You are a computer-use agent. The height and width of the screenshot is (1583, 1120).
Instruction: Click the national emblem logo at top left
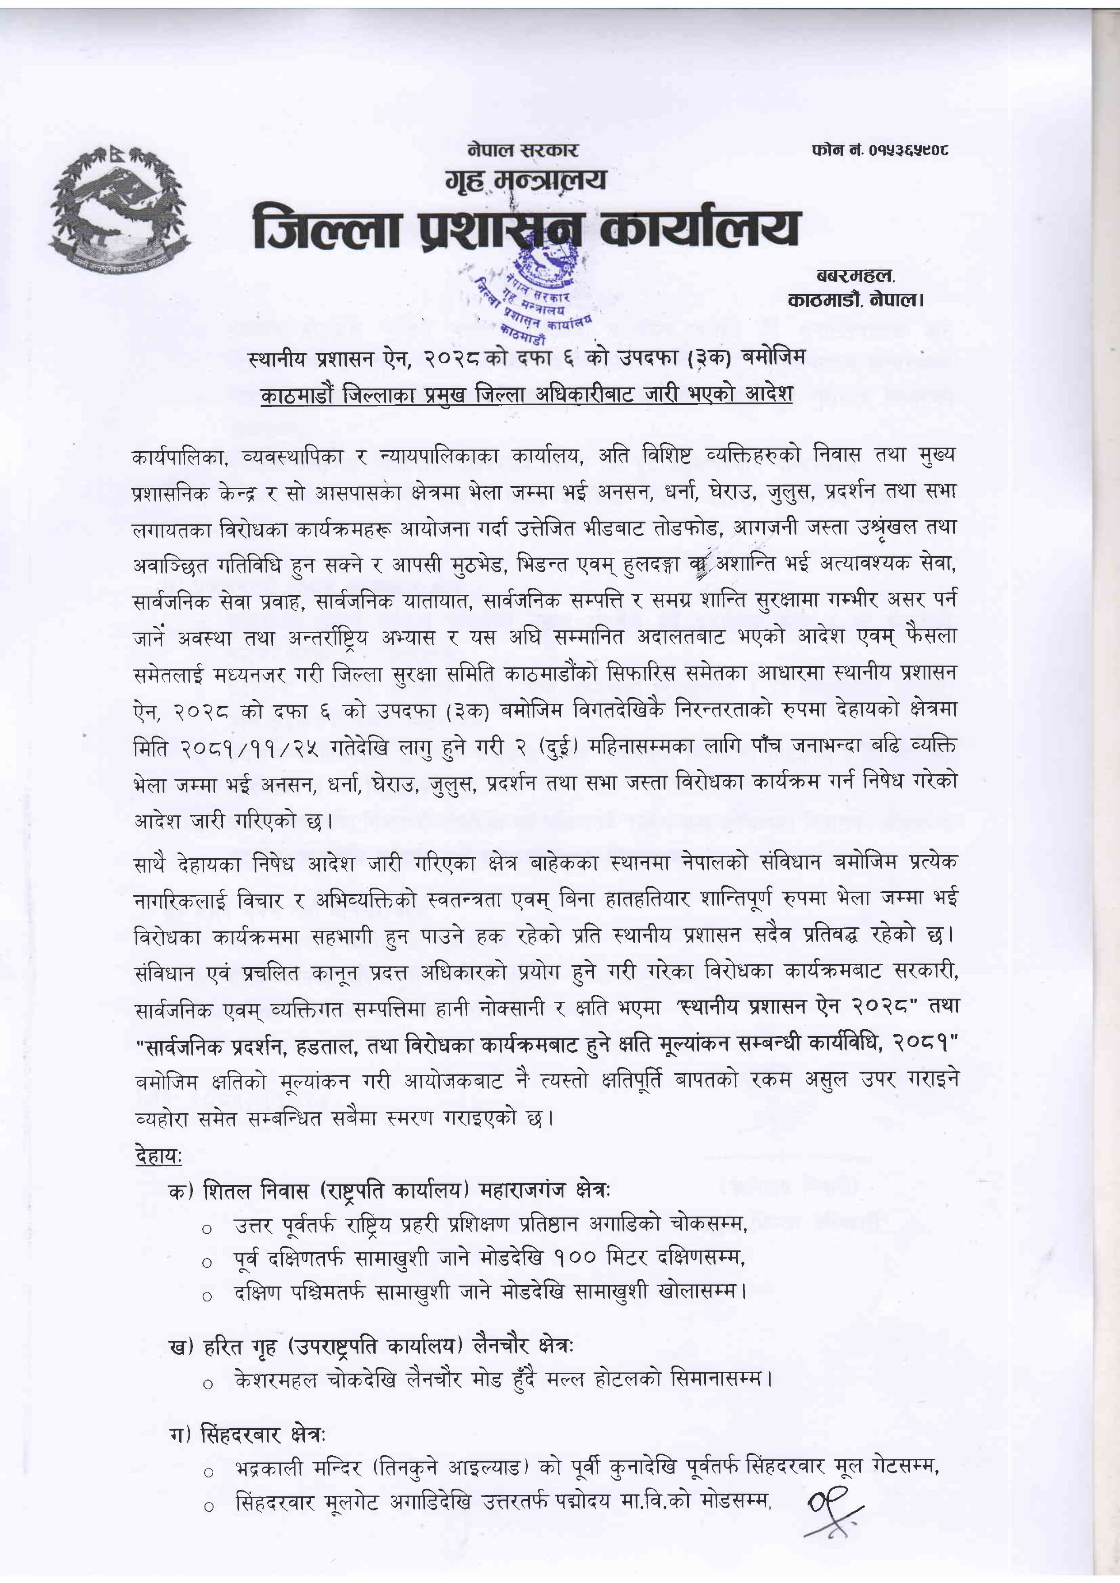pyautogui.click(x=119, y=206)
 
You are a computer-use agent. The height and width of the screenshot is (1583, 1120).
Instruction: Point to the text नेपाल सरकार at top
pyautogui.click(x=522, y=149)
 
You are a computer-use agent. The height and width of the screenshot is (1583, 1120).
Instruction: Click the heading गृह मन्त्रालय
pyautogui.click(x=525, y=180)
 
